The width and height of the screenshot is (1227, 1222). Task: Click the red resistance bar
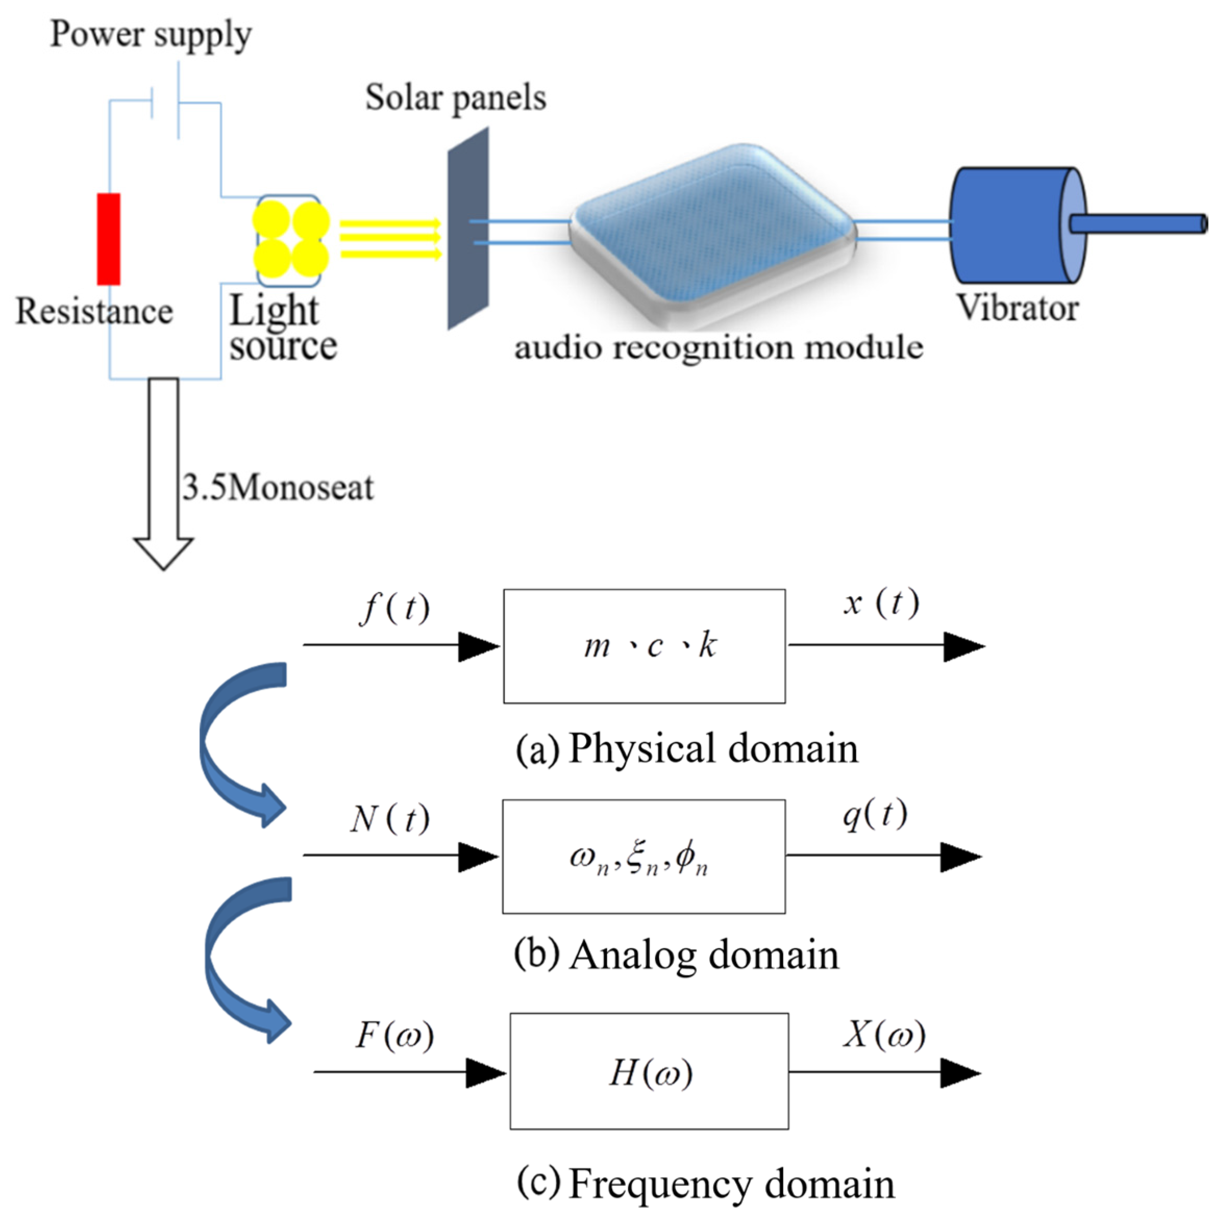(x=108, y=240)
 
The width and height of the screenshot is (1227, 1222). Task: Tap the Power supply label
(x=151, y=34)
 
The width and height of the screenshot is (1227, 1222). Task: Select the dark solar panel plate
(x=468, y=229)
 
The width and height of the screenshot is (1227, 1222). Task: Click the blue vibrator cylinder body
(x=1010, y=225)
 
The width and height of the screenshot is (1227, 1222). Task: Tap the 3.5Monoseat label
(x=278, y=487)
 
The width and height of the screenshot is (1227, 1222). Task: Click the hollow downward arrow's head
(x=163, y=552)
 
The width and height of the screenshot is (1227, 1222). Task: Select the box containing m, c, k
(x=644, y=646)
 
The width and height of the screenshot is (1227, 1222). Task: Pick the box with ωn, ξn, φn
(x=643, y=856)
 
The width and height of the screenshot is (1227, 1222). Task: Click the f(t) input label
(x=394, y=609)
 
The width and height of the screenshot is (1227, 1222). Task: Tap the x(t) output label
(x=882, y=603)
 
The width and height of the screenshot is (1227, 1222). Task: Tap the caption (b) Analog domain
(x=676, y=955)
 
